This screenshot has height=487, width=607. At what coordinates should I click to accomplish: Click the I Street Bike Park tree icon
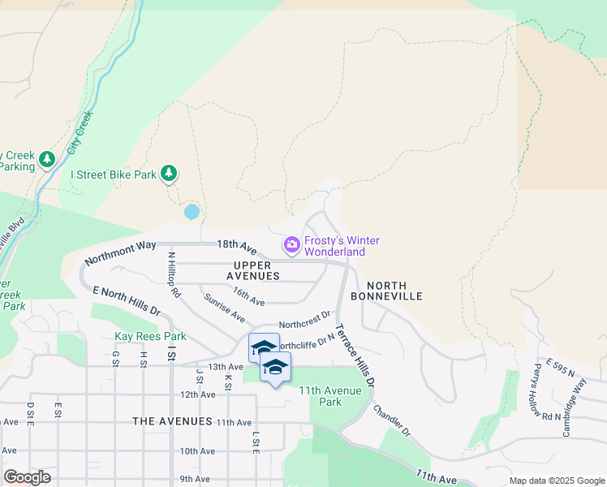tap(169, 173)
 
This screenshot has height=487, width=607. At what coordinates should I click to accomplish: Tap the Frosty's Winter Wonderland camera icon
tap(291, 244)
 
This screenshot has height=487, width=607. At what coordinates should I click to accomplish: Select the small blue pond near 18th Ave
tap(192, 212)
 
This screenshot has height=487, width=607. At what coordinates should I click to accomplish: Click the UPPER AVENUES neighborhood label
tap(256, 270)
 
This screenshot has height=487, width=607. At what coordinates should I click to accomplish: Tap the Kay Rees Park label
tap(150, 336)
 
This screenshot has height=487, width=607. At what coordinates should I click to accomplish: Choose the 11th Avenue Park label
tap(331, 396)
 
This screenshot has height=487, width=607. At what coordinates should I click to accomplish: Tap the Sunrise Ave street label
tap(225, 307)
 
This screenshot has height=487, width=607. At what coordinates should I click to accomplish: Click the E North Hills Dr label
tap(127, 300)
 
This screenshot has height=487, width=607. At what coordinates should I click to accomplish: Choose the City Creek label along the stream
tap(80, 133)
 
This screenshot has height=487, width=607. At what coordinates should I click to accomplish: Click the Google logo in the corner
tap(27, 477)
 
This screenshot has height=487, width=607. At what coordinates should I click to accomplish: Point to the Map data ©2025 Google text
tap(556, 481)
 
